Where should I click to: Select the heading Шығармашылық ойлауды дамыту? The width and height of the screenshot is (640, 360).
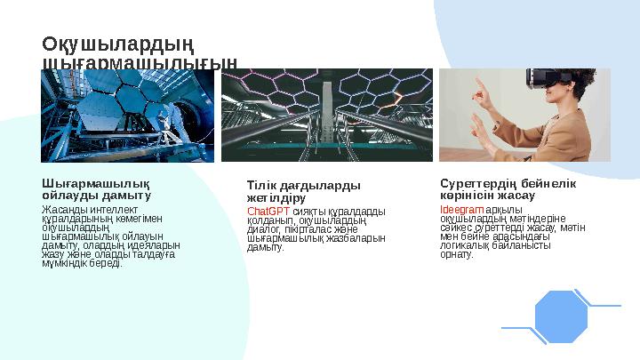[96, 188]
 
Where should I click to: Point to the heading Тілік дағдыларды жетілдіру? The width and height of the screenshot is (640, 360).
[303, 191]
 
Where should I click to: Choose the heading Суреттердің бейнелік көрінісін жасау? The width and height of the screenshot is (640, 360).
[508, 188]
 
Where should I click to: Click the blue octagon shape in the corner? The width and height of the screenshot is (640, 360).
[562, 316]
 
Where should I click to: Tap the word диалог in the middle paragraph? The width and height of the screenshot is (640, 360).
[264, 229]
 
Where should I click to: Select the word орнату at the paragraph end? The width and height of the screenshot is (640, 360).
[457, 255]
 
